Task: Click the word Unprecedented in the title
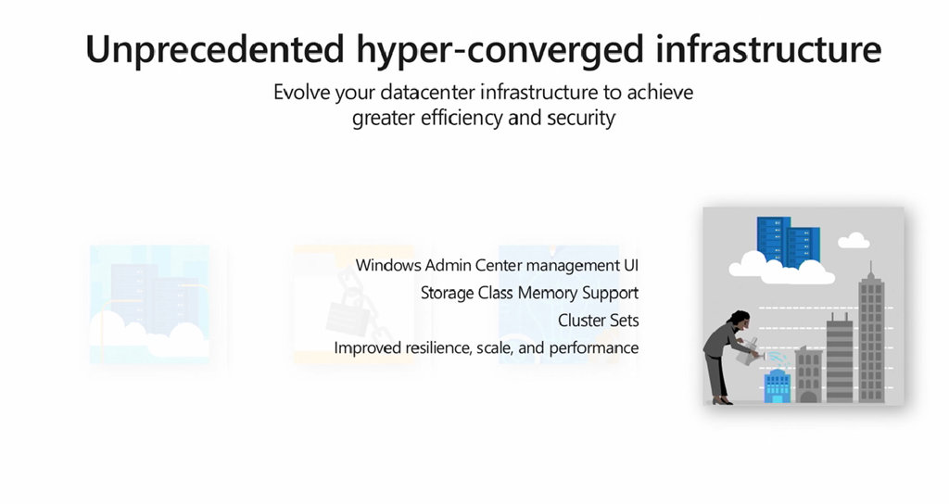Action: tap(215, 50)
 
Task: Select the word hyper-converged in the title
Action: tap(500, 51)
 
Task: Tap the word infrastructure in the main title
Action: tap(768, 49)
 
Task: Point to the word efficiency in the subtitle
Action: tap(462, 118)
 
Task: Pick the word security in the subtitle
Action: tap(581, 118)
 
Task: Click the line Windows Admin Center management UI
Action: tap(497, 265)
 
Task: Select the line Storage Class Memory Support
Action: tap(529, 293)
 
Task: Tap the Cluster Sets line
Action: tap(598, 320)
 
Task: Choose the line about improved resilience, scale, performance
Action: tap(486, 348)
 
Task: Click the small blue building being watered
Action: tap(778, 385)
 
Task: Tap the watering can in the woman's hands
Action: tap(749, 353)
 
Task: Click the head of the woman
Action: tap(740, 320)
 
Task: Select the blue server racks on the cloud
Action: tap(788, 242)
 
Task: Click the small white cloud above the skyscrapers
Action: tap(854, 240)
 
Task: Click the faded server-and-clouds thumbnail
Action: tap(149, 304)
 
